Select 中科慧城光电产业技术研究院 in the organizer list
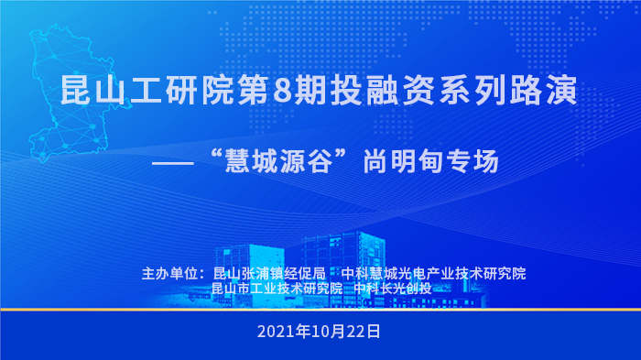click(433, 273)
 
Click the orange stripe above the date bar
click(320, 310)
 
